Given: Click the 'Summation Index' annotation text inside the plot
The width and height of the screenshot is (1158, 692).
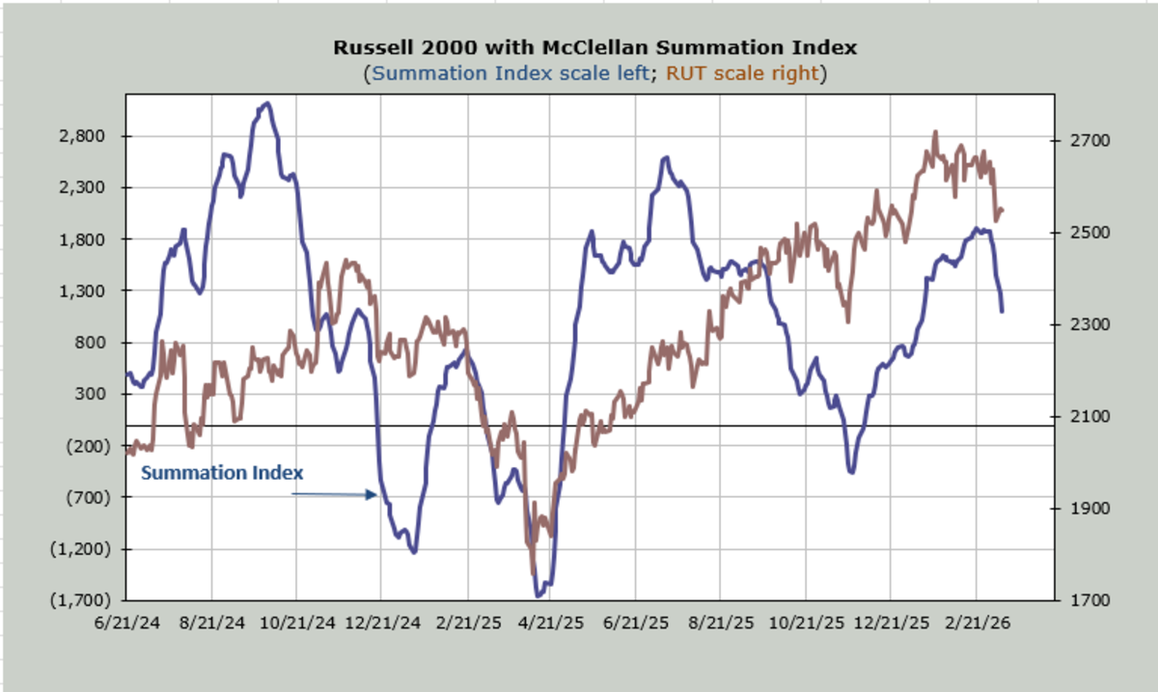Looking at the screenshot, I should click(x=223, y=473).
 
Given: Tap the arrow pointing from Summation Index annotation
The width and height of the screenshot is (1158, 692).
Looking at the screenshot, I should click(x=334, y=494).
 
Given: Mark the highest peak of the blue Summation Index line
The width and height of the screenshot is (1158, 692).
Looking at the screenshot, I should click(x=267, y=103).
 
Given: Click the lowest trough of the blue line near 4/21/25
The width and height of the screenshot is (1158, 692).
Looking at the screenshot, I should click(x=538, y=595).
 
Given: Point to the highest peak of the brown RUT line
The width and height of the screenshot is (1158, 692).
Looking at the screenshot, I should click(x=935, y=132).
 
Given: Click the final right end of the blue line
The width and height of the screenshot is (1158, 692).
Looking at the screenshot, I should click(x=1002, y=311).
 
